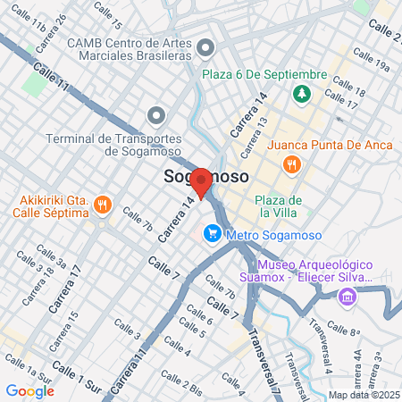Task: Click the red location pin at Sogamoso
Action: click(202, 182)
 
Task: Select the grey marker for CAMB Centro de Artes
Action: click(206, 46)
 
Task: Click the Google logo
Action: click(30, 390)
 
